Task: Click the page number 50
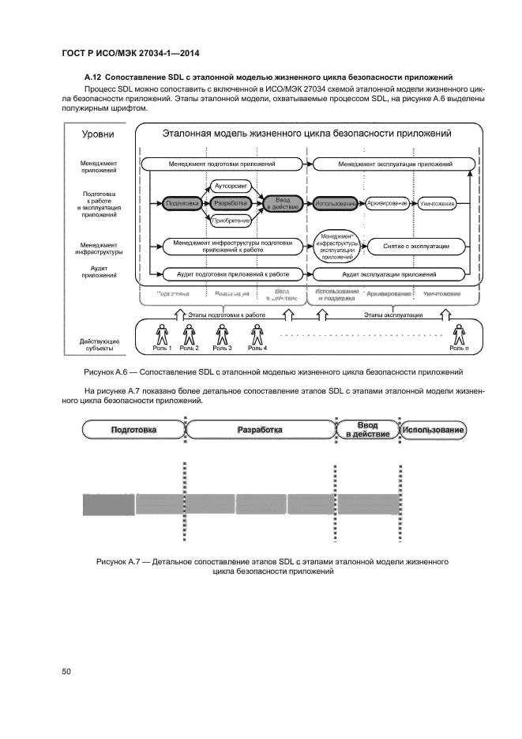[66, 672]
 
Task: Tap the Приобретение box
[231, 221]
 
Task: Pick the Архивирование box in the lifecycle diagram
[387, 204]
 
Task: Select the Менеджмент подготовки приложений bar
[222, 164]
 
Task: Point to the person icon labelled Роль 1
[163, 334]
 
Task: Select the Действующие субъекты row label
[100, 345]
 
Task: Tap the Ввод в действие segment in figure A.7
[367, 431]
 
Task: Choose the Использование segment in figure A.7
[433, 430]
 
